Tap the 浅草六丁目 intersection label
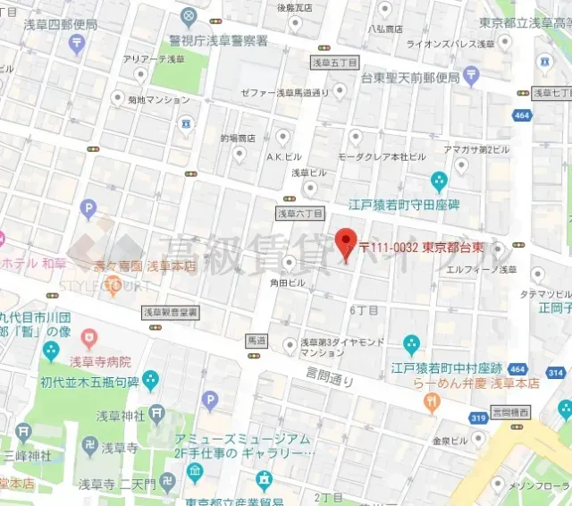click(x=299, y=214)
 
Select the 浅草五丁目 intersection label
click(x=335, y=63)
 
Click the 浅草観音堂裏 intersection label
click(x=171, y=313)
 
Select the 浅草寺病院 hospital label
click(x=100, y=361)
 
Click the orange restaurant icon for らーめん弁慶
click(x=434, y=403)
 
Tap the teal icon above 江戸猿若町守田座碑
click(x=439, y=182)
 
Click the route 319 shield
click(x=478, y=417)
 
